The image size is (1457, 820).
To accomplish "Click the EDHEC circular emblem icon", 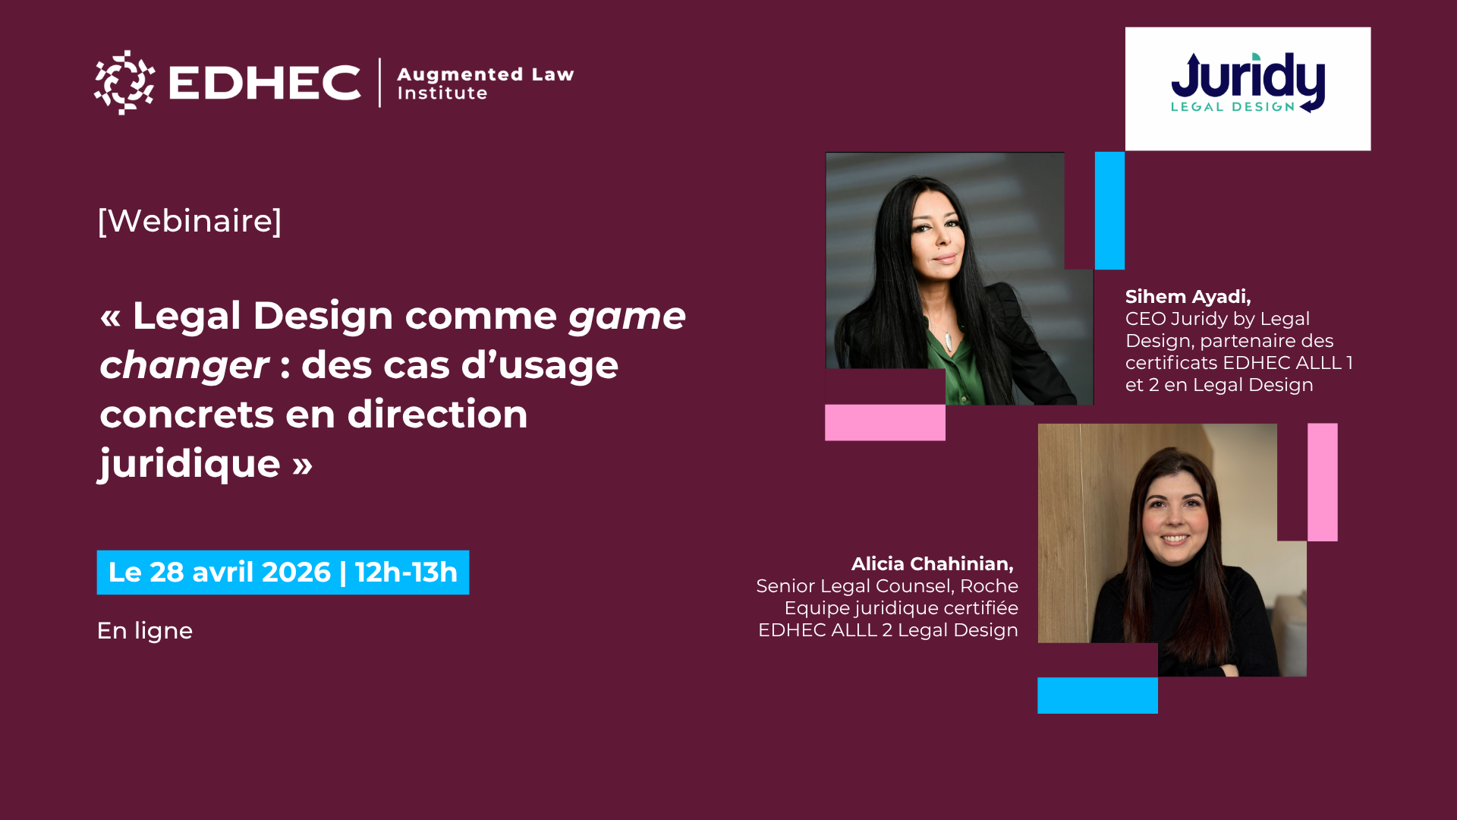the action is [124, 83].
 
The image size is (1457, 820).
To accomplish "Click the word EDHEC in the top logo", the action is [264, 83].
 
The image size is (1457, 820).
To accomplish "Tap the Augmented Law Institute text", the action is [486, 84].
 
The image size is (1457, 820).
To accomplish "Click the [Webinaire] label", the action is [190, 221].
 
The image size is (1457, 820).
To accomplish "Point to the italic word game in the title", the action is [628, 317].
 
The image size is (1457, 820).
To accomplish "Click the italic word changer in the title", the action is [184, 365].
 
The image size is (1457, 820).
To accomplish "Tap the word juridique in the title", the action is [190, 465].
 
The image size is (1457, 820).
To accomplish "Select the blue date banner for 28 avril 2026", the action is [283, 572].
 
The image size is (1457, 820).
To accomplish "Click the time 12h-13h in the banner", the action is [407, 572].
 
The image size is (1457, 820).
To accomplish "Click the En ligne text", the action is [145, 631].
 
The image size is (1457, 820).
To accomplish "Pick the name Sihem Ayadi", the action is [1188, 297].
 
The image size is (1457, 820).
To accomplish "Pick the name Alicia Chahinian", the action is [933, 564].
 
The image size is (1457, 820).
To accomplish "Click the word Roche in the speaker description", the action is [989, 586].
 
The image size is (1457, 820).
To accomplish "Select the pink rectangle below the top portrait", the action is [885, 422].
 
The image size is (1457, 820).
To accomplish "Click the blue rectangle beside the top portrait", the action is [1109, 210].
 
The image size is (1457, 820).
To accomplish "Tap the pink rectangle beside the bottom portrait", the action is [1323, 482].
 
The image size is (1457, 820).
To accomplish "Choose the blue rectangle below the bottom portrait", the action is [1097, 695].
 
